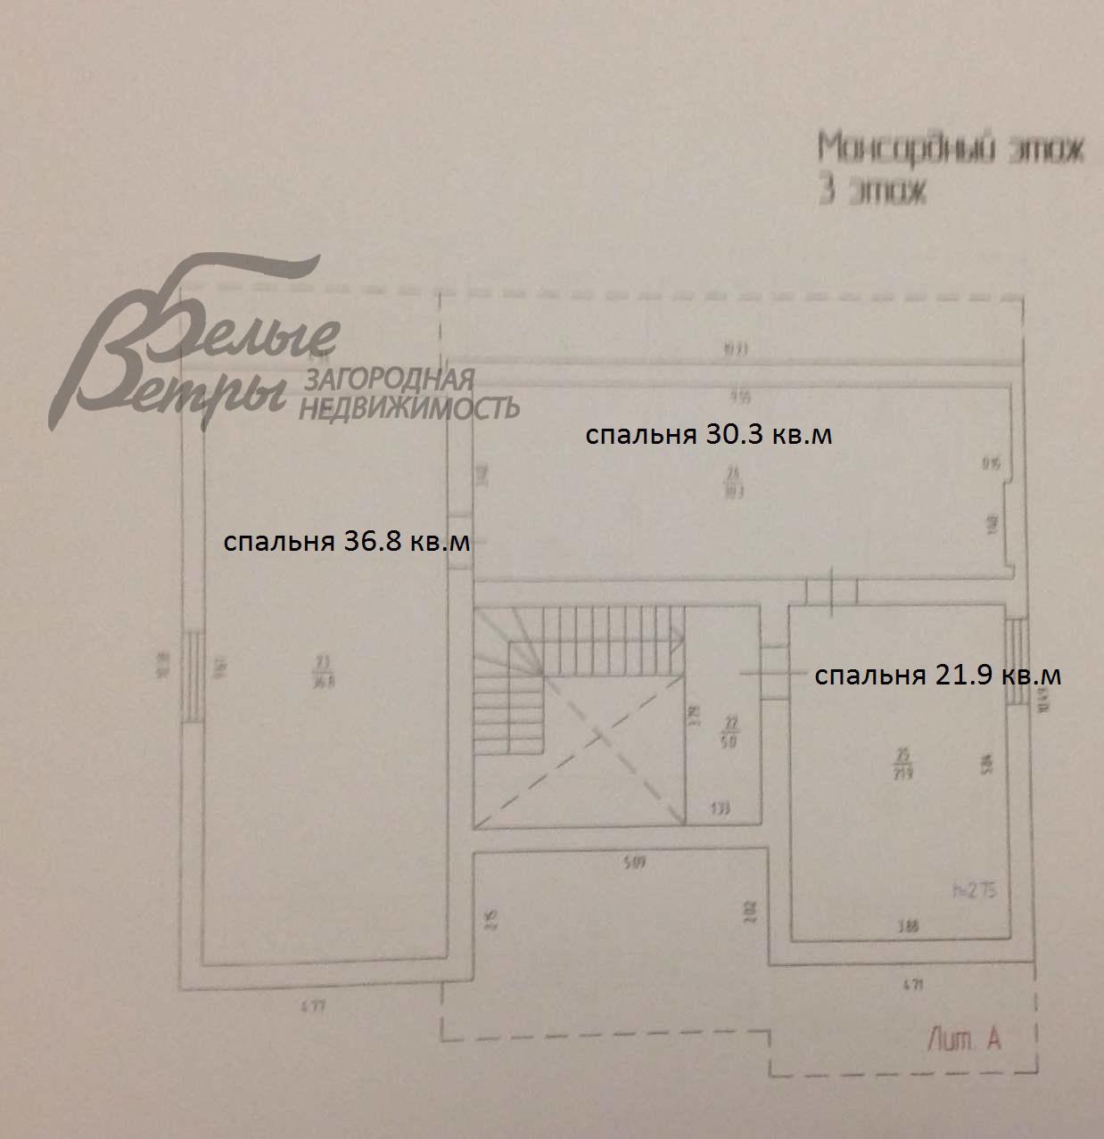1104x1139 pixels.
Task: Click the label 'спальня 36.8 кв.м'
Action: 346,542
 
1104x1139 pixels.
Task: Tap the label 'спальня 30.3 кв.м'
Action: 709,435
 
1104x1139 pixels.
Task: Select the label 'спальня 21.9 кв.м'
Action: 937,676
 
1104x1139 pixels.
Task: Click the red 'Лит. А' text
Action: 964,1038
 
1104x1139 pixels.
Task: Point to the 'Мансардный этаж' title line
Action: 951,148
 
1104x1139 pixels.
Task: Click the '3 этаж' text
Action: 872,192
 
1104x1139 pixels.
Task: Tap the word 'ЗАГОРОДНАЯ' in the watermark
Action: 390,381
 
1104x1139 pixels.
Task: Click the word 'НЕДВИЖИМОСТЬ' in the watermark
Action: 408,408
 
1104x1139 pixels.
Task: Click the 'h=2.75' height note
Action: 975,889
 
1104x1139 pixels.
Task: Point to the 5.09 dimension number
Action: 635,862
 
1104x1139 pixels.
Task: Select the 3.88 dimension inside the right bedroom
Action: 908,927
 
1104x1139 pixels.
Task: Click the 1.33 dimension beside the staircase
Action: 721,809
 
